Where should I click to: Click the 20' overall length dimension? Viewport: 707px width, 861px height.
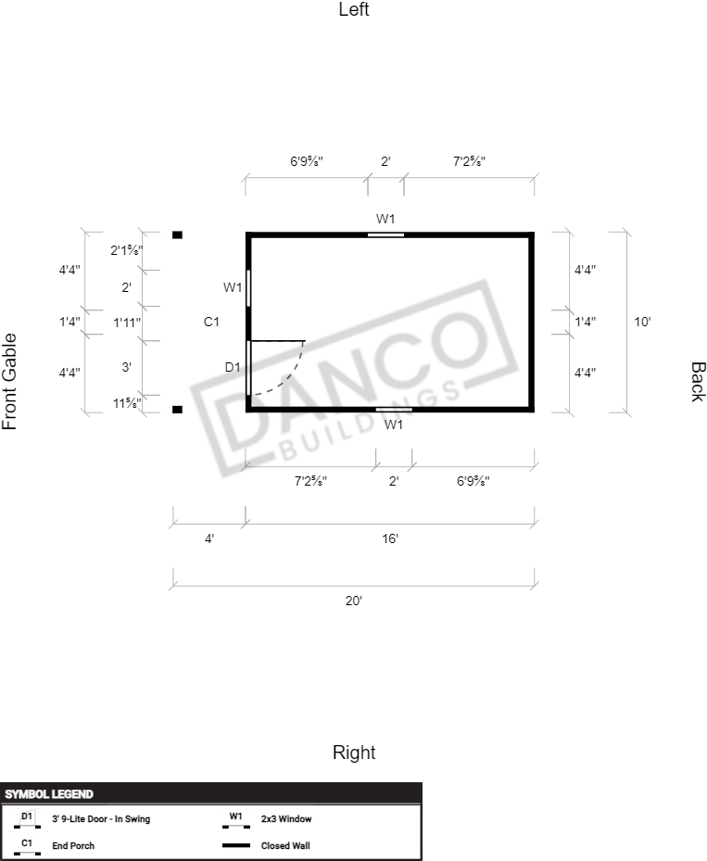point(353,601)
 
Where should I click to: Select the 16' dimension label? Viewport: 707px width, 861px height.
point(390,538)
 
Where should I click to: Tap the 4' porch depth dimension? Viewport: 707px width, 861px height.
point(209,538)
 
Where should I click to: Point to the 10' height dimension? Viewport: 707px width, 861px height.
point(642,322)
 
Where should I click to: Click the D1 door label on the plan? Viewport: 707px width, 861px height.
point(233,367)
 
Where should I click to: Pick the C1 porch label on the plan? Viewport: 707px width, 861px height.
point(211,322)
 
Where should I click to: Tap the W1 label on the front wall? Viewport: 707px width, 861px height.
point(232,287)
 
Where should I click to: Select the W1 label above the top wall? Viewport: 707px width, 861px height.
point(385,219)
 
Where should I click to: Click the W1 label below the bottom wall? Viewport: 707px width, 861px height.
point(394,424)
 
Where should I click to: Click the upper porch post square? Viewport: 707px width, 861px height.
point(177,234)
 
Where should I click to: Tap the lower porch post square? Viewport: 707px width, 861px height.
point(177,409)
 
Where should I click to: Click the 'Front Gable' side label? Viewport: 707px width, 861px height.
point(10,381)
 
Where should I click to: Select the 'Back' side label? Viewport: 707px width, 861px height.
point(697,381)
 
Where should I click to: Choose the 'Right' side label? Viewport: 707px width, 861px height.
point(354,753)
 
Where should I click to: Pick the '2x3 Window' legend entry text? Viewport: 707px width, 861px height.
point(286,819)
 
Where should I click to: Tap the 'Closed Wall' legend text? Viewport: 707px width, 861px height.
point(286,845)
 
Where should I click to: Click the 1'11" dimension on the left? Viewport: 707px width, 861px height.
point(127,323)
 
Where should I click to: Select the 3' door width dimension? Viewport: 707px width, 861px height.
point(127,367)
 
